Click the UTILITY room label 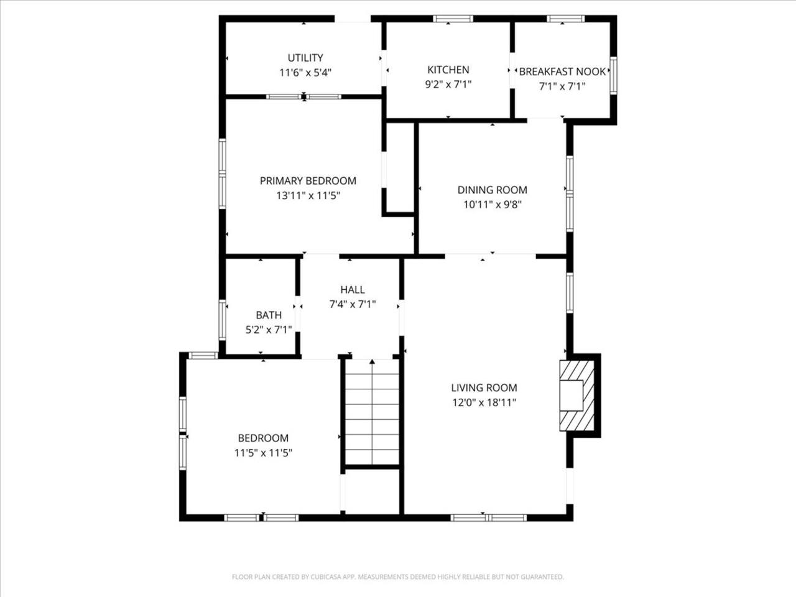click(x=305, y=58)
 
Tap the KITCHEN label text click(x=448, y=70)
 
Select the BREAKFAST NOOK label click(x=562, y=72)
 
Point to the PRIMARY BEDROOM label click(x=308, y=180)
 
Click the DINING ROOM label click(x=492, y=190)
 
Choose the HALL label click(x=353, y=290)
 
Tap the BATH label click(x=269, y=315)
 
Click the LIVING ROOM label click(x=484, y=387)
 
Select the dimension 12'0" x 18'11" click(x=484, y=402)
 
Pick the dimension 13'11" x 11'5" click(x=308, y=196)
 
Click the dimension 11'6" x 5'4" click(x=305, y=73)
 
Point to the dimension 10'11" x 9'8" click(x=492, y=205)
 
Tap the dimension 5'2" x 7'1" click(x=269, y=330)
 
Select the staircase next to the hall click(x=372, y=412)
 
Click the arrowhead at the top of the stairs click(x=372, y=361)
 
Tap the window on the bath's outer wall click(x=222, y=320)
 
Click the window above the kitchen click(x=453, y=19)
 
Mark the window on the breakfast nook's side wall click(x=613, y=75)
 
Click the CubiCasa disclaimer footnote click(x=398, y=576)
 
